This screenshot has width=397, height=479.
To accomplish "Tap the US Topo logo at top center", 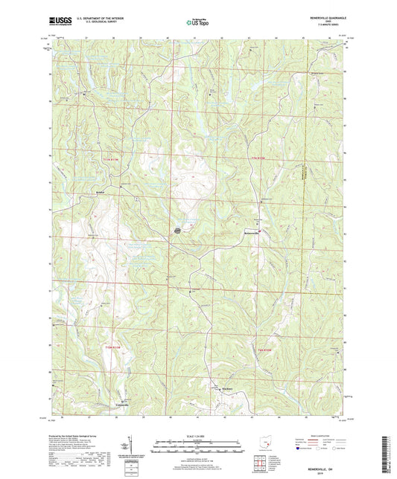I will coord(198,23).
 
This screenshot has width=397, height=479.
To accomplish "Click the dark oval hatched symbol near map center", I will coord(177,231).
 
